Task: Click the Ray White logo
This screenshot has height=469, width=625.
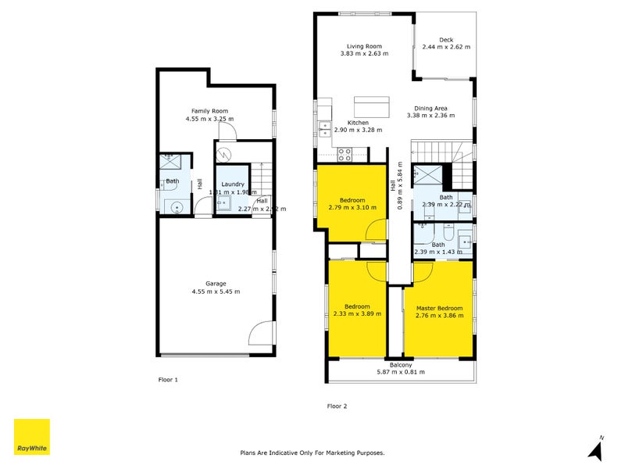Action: point(31,437)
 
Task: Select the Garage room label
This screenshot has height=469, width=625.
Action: point(216,284)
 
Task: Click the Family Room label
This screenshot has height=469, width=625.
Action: point(209,111)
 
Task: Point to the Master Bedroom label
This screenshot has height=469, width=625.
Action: point(438,307)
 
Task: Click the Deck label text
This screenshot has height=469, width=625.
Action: point(446,40)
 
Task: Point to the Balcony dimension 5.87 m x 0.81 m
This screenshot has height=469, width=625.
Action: point(401,372)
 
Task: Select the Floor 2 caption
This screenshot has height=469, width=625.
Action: point(337,406)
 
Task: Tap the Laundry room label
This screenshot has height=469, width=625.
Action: point(232,184)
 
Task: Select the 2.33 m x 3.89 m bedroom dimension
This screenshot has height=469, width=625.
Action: point(357,314)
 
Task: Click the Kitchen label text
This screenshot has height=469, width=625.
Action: point(358,123)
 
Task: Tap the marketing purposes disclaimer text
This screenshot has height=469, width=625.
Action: point(312,453)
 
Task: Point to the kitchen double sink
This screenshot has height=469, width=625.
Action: point(325,128)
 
